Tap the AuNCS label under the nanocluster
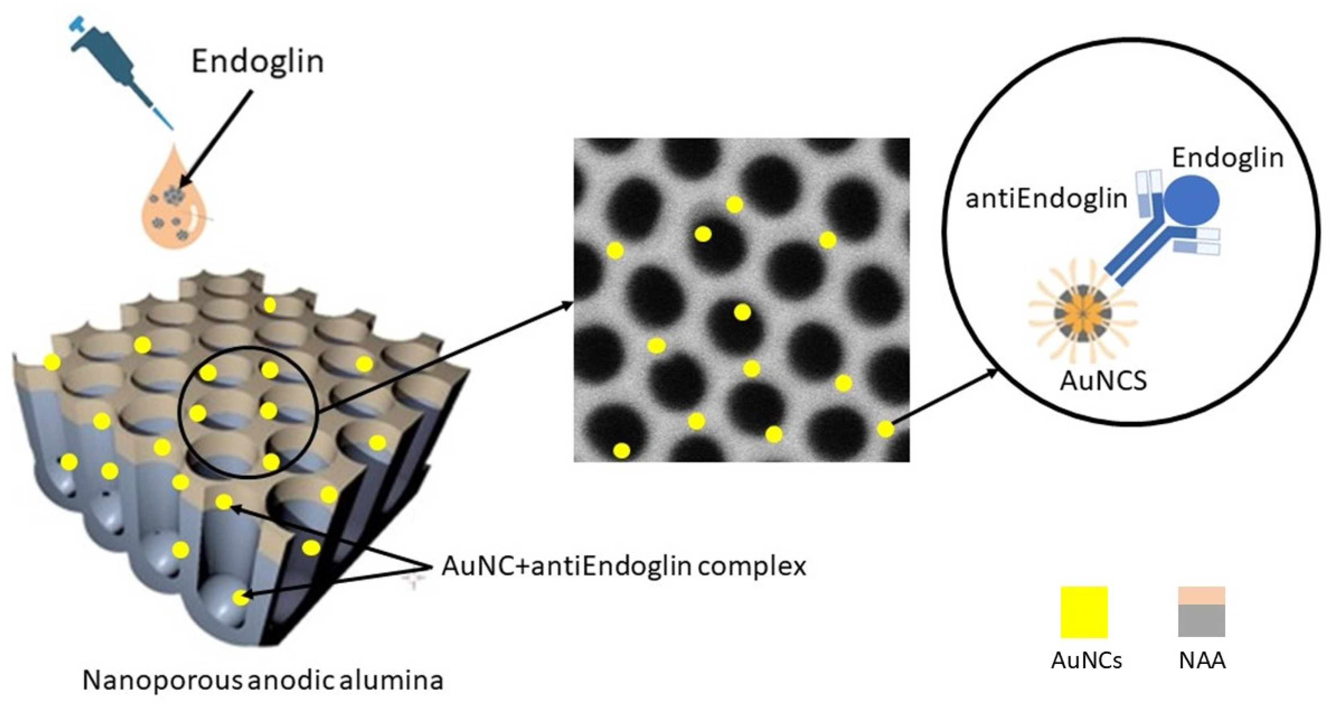(x=1103, y=381)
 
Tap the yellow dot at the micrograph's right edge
(x=885, y=429)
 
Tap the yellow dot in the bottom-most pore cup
(x=239, y=598)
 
